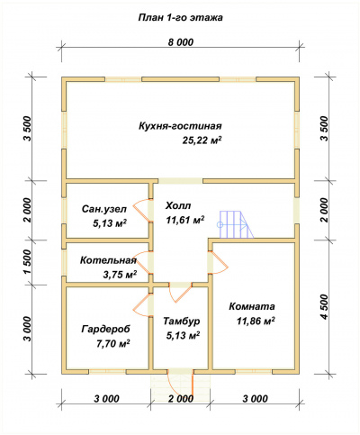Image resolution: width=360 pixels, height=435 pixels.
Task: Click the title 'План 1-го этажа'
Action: click(x=180, y=18)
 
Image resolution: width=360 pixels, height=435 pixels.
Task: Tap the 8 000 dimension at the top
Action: click(x=180, y=42)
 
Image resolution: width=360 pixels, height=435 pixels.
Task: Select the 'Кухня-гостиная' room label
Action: click(x=180, y=126)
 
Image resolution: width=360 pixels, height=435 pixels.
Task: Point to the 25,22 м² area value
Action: click(x=202, y=140)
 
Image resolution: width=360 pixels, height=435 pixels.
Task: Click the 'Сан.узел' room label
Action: click(x=104, y=209)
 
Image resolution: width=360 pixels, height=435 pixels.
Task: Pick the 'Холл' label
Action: click(x=178, y=206)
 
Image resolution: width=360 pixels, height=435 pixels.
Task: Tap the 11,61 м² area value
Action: click(x=185, y=220)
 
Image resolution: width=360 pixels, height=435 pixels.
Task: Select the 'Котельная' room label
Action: click(x=108, y=260)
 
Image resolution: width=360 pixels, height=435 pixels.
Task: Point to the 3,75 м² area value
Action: click(x=120, y=275)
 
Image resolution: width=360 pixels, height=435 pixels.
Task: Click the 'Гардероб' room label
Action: click(x=106, y=329)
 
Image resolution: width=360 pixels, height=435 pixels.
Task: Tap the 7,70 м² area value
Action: click(x=112, y=343)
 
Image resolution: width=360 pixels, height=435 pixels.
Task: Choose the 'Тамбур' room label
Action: click(x=182, y=322)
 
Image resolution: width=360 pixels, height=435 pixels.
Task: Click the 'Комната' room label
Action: click(x=252, y=307)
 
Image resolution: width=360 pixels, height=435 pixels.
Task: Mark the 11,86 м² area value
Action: click(x=256, y=321)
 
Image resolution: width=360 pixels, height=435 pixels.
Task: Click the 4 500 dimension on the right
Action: click(x=325, y=307)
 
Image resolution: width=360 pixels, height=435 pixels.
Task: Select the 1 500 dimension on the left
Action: click(x=27, y=262)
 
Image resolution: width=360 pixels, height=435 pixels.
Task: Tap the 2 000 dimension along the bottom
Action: click(x=180, y=399)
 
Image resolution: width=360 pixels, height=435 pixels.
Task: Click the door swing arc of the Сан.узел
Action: click(x=140, y=210)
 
